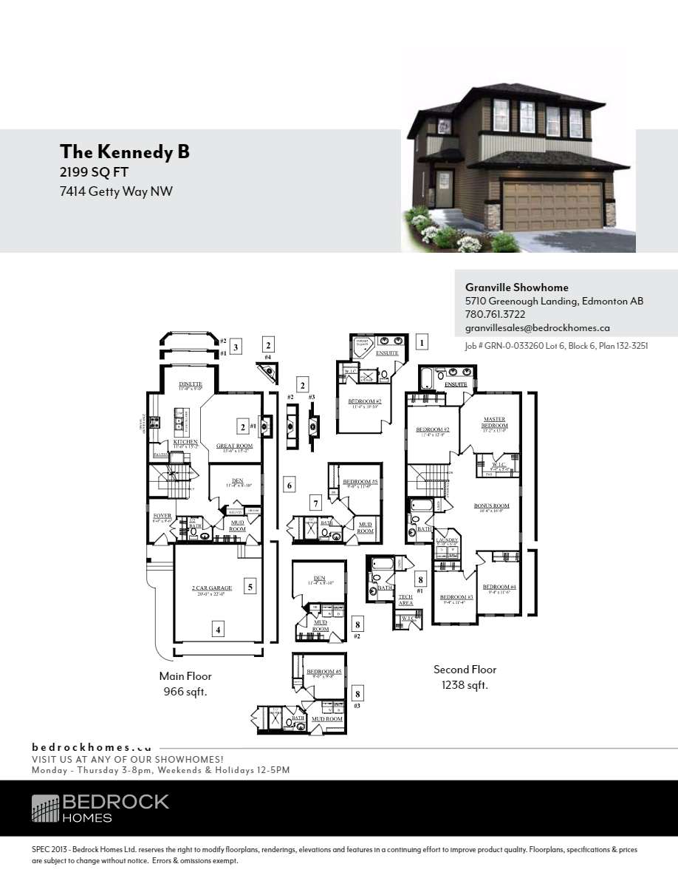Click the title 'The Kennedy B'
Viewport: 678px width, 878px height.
coord(125,152)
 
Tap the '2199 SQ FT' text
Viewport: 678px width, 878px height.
coord(93,172)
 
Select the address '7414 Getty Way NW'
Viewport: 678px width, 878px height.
coord(116,192)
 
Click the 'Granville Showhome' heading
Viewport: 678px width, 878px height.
coord(516,287)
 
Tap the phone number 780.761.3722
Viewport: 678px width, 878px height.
coord(495,314)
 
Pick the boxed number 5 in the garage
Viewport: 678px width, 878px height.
coord(250,587)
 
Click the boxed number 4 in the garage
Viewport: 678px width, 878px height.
coord(218,630)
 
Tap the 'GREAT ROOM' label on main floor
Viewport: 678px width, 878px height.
coord(234,446)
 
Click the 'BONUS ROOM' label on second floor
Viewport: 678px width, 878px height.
coord(491,506)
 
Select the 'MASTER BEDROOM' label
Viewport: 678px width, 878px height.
coord(494,423)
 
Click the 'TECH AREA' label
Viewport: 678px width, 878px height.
coord(405,600)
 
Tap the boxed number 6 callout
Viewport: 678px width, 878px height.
coord(290,485)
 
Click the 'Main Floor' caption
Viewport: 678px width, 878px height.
coord(185,676)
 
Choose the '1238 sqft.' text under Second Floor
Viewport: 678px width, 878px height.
coord(465,685)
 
